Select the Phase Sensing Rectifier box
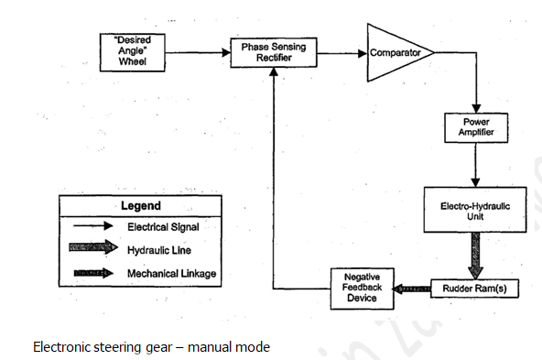point(273,52)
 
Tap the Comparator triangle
point(392,53)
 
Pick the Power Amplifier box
point(475,129)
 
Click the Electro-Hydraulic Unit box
point(475,212)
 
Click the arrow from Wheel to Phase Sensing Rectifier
point(196,52)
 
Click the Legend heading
point(140,206)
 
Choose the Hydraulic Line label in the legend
point(157,249)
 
